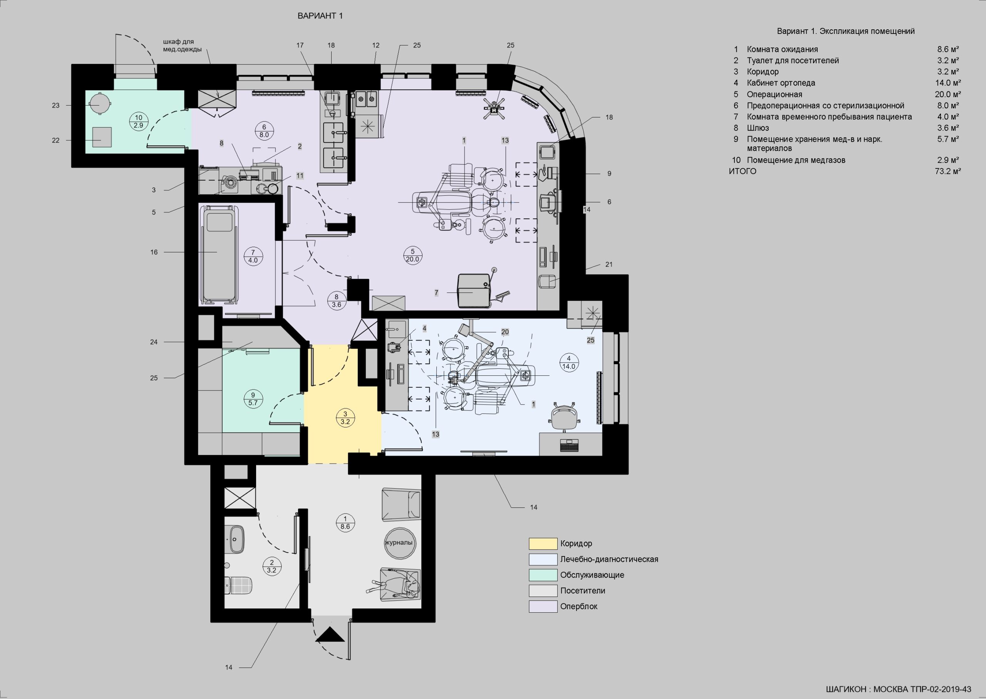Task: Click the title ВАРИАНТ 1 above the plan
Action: click(x=320, y=16)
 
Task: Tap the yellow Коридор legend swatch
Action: click(x=543, y=544)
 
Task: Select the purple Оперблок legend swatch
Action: click(x=543, y=607)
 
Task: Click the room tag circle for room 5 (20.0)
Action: click(x=413, y=255)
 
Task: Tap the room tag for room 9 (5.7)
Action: click(x=253, y=399)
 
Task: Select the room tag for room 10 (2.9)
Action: click(x=139, y=121)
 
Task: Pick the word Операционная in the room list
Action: click(x=774, y=94)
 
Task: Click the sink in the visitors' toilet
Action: click(x=235, y=539)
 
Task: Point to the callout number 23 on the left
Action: click(x=55, y=106)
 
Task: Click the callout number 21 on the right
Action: click(x=609, y=265)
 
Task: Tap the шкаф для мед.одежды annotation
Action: click(x=182, y=45)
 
